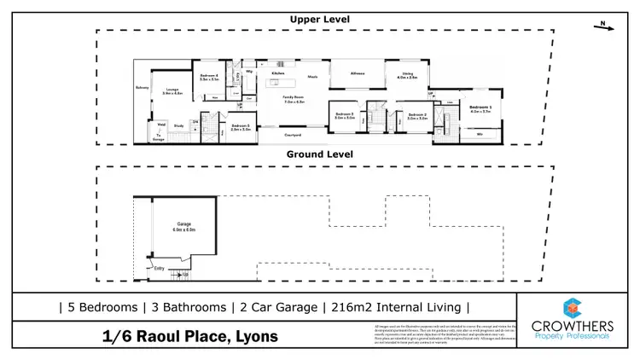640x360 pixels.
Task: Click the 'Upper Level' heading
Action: pos(320,19)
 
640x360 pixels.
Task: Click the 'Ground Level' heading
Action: pos(320,154)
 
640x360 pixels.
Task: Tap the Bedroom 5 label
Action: pos(239,127)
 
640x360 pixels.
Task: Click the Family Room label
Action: pos(294,99)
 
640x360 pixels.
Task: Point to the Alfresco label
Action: pos(358,74)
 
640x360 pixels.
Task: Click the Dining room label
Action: pos(406,74)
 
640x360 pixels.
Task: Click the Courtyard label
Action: pos(294,134)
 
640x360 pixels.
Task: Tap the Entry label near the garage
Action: pos(158,268)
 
